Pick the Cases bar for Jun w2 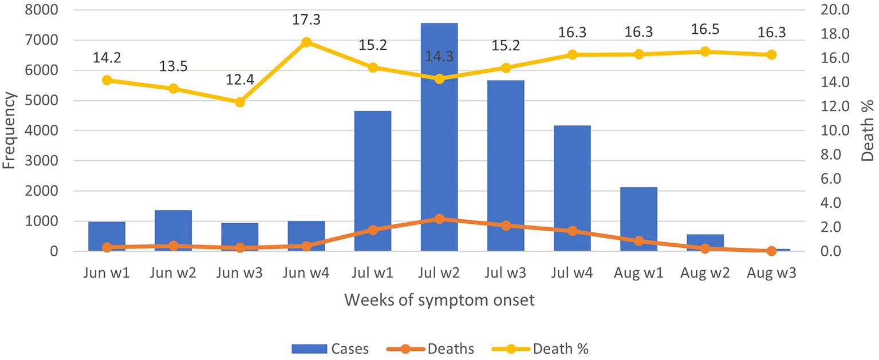(x=173, y=230)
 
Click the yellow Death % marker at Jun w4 (x=306, y=42)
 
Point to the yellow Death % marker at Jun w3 (x=240, y=102)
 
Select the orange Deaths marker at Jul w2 (x=439, y=219)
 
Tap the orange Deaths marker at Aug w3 (x=771, y=251)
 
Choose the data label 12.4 (x=240, y=81)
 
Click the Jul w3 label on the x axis (x=506, y=272)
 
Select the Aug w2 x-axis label (x=705, y=272)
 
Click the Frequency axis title (x=10, y=130)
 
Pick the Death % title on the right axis (x=868, y=130)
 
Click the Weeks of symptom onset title (x=439, y=300)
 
